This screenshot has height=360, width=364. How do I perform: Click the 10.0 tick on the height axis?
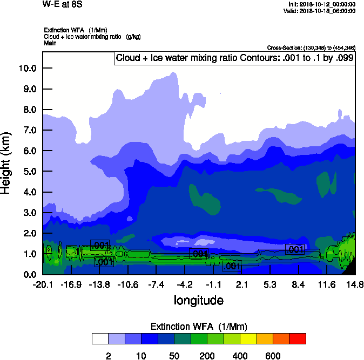click(x=28, y=68)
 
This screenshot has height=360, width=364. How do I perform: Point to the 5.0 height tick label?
click(x=28, y=172)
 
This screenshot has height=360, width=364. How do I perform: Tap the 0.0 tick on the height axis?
click(x=28, y=274)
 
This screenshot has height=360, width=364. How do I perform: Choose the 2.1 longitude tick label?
click(x=241, y=284)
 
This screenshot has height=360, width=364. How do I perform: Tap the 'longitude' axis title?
click(x=198, y=300)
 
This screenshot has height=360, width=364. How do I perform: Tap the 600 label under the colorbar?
click(x=273, y=355)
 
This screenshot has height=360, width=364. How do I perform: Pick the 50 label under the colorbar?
click(x=173, y=355)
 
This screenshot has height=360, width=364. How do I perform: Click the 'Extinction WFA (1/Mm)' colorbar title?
click(x=198, y=327)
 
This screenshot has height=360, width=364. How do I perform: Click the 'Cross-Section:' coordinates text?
click(x=311, y=47)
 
